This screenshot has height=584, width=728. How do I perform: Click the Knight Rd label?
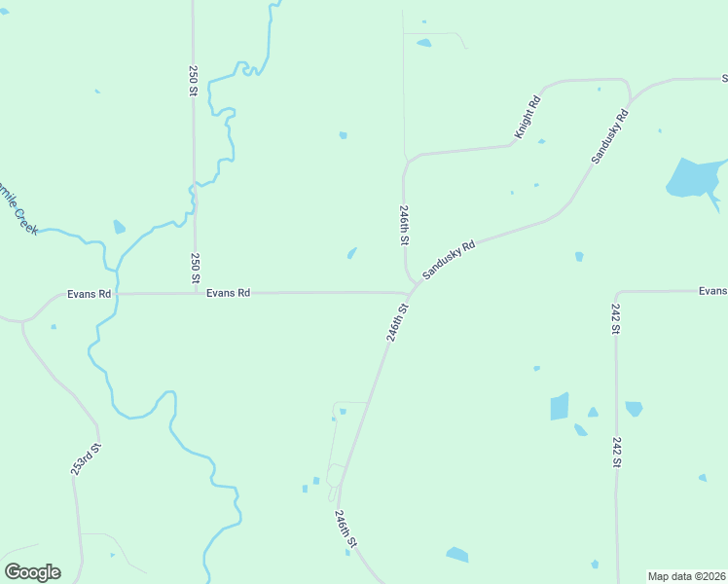click(x=527, y=117)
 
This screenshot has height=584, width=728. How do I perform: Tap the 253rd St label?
click(x=86, y=459)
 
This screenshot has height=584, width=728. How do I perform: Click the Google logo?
click(x=32, y=571)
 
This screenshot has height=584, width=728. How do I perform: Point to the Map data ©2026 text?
click(x=686, y=576)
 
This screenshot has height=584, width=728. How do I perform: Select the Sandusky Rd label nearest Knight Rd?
click(x=610, y=136)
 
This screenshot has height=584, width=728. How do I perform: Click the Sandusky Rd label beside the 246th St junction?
click(x=449, y=261)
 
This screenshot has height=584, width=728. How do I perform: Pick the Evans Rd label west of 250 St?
click(x=90, y=293)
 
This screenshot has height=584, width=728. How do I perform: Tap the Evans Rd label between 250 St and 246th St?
click(x=229, y=292)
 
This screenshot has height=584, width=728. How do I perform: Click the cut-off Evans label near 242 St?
click(x=712, y=290)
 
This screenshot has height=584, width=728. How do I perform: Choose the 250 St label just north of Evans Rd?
click(x=196, y=268)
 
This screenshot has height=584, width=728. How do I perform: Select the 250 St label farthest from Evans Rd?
click(x=194, y=81)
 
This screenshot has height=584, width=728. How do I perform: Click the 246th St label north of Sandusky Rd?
click(x=403, y=224)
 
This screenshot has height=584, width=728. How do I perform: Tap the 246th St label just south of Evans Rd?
click(x=396, y=321)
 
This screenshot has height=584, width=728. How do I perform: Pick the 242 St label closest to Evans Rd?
click(x=616, y=318)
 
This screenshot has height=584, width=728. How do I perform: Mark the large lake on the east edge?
click(x=693, y=178)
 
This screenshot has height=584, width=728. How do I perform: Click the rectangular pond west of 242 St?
click(x=559, y=406)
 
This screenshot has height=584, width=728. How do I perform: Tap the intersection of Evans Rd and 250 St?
click(x=195, y=292)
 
